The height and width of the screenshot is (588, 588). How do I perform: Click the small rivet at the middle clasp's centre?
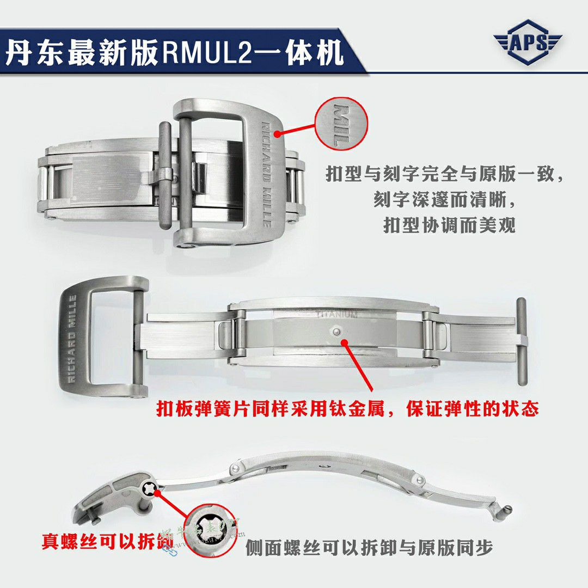pyautogui.click(x=336, y=330)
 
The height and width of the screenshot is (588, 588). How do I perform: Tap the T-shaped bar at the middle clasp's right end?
pyautogui.click(x=521, y=337)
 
